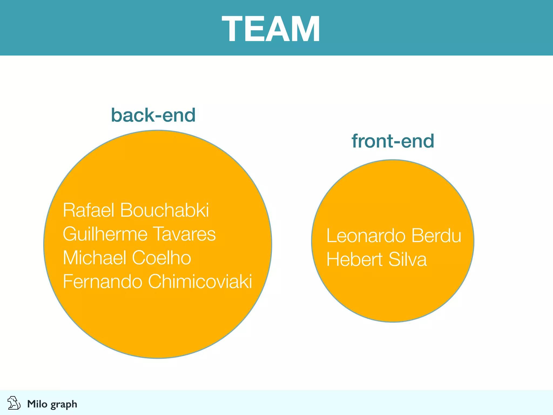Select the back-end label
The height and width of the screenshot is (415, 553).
click(153, 115)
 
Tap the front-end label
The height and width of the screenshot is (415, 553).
click(393, 141)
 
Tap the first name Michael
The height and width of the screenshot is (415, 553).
click(95, 257)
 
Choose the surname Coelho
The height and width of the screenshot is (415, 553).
click(161, 257)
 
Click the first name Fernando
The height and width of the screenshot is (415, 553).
click(103, 281)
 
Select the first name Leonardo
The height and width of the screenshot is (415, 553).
click(366, 236)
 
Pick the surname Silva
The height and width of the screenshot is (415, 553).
click(408, 259)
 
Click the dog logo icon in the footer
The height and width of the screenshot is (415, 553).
click(14, 403)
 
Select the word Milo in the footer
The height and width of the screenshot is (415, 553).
click(37, 404)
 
